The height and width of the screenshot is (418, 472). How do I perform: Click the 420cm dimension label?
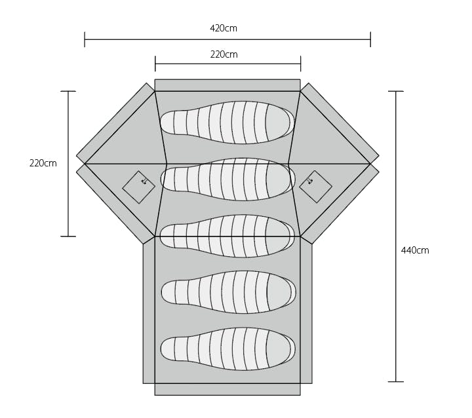[x=224, y=28]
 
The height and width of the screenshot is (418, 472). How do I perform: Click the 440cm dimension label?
[x=415, y=250]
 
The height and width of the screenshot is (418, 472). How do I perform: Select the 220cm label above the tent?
[x=224, y=54]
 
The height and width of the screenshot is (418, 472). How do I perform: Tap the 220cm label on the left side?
[x=43, y=163]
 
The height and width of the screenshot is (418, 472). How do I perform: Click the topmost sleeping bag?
[x=227, y=122]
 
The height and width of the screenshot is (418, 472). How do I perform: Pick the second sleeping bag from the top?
[x=228, y=179]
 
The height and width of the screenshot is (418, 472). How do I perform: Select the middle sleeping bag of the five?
[x=227, y=236]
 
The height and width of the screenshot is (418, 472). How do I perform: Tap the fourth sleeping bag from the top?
[x=229, y=292]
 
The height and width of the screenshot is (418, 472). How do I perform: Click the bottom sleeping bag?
[x=228, y=349]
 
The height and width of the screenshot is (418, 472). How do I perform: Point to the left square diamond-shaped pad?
[x=139, y=187]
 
